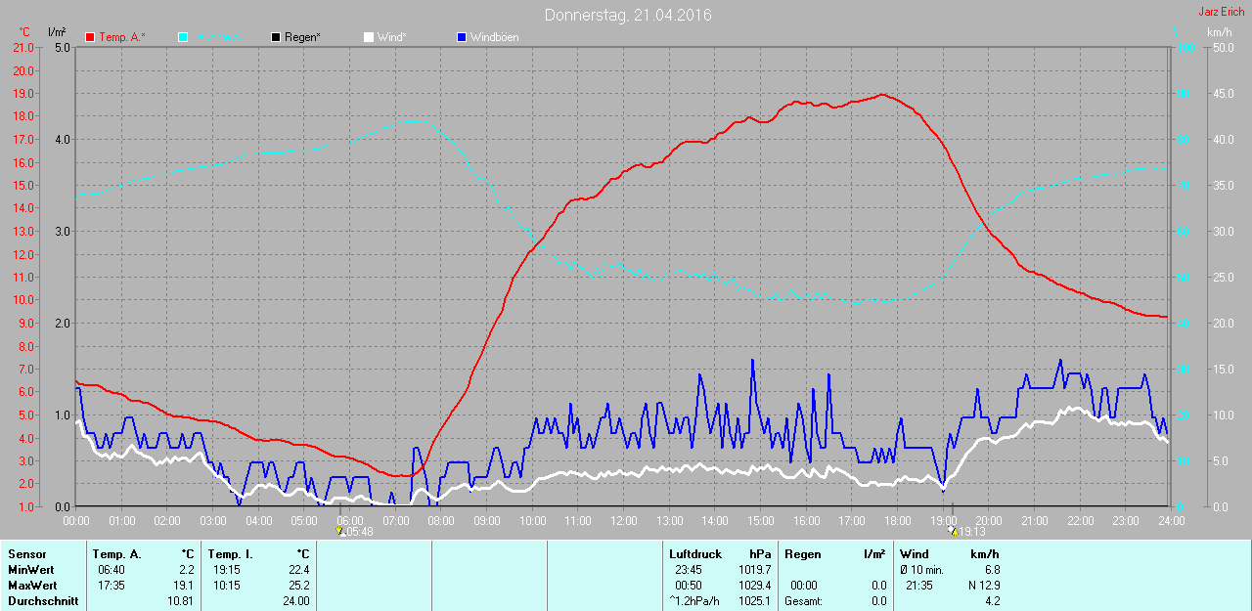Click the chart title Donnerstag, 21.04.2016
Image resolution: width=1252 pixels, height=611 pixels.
(628, 16)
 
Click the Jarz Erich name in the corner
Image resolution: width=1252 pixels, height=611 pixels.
(1221, 12)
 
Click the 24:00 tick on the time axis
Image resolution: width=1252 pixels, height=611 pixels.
(1171, 521)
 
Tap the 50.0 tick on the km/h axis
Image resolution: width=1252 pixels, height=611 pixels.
(1220, 47)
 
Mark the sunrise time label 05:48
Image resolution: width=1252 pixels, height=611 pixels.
(359, 532)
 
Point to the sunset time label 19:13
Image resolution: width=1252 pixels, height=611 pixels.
(970, 532)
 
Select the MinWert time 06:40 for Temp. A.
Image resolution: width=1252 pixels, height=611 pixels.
(111, 570)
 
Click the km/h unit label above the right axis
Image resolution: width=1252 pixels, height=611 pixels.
(1220, 31)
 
